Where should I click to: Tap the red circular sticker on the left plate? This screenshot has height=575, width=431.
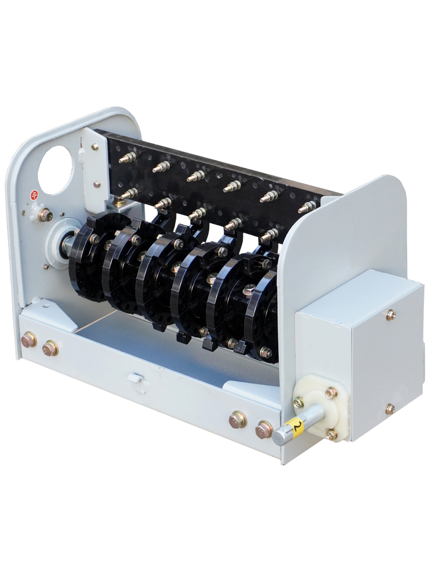tap(34, 195)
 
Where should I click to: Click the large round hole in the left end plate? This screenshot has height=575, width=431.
tap(56, 170)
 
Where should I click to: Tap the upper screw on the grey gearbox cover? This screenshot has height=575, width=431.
tap(391, 314)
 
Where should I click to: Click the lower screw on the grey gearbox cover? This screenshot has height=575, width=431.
tap(390, 409)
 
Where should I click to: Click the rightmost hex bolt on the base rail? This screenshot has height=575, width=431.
tap(264, 430)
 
